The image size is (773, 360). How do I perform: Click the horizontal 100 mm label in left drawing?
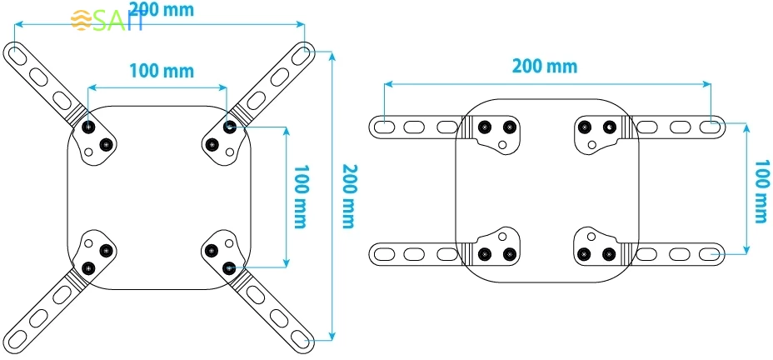pyautogui.click(x=161, y=71)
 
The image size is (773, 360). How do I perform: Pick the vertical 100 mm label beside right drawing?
pyautogui.click(x=760, y=192)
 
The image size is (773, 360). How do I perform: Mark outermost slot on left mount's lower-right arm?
pyautogui.click(x=299, y=338)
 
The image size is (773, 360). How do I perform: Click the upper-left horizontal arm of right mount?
pyautogui.click(x=412, y=127)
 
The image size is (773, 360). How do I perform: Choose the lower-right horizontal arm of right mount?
pyautogui.click(x=679, y=252)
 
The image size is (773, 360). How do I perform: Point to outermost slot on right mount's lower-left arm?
pyautogui.click(x=384, y=252)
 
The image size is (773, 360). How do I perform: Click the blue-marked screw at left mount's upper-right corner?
pyautogui.click(x=229, y=127)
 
